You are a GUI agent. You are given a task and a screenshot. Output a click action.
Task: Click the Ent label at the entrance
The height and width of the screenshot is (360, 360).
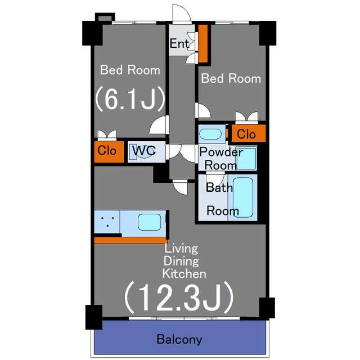pyautogui.click(x=179, y=43)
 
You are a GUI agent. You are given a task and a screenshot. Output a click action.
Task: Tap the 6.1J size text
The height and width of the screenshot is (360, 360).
pyautogui.click(x=129, y=99)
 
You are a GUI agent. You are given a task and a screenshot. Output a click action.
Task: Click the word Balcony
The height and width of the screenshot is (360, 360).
pyautogui.click(x=179, y=339)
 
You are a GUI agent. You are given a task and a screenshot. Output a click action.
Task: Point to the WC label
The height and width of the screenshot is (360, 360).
pyautogui.click(x=143, y=151)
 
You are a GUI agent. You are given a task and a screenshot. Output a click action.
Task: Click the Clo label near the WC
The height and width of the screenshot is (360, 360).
pyautogui.click(x=107, y=151)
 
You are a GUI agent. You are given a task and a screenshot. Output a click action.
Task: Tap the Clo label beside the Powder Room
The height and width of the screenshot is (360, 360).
pyautogui.click(x=246, y=134)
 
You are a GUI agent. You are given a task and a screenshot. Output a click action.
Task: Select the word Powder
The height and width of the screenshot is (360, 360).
pyautogui.click(x=221, y=152)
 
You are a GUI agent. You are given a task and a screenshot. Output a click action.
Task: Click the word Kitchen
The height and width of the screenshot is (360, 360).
pyautogui.click(x=184, y=274)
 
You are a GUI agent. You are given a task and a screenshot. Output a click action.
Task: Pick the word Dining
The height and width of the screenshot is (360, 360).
pyautogui.click(x=181, y=261)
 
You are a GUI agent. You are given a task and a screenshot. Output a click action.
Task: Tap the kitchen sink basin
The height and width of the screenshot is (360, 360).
pyautogui.click(x=150, y=222)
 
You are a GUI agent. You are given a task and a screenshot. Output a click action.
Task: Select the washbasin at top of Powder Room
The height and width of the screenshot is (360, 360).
pyautogui.click(x=211, y=134)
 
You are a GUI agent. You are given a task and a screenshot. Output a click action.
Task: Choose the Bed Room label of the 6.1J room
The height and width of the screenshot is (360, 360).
pyautogui.click(x=130, y=70)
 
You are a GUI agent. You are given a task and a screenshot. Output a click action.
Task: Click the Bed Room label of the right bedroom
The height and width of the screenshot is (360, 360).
pyautogui.click(x=231, y=78)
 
